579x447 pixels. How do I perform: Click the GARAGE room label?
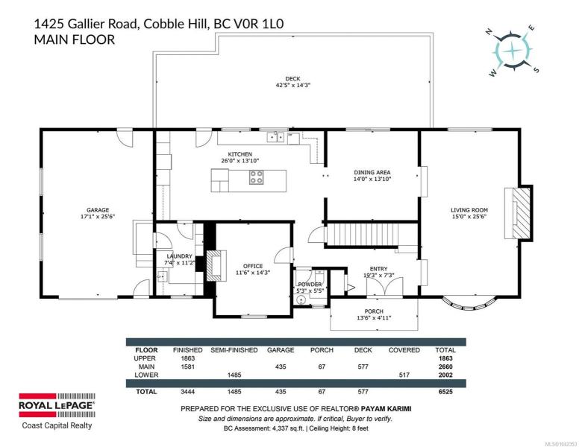point(98,210)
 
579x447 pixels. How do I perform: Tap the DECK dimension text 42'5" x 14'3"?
point(292,85)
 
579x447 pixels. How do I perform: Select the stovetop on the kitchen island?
point(256,177)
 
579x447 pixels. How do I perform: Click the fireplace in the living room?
point(519,213)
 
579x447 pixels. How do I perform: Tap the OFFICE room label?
point(253,266)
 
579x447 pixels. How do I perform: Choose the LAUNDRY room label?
point(180,256)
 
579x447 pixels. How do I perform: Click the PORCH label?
point(374,311)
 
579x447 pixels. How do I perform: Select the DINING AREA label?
point(372,172)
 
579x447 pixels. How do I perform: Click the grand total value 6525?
point(445,392)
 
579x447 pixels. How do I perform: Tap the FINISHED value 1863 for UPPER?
point(188,358)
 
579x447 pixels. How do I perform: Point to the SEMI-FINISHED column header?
point(234,350)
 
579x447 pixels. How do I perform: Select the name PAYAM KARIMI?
point(386,409)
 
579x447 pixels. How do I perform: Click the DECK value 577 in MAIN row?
point(363,367)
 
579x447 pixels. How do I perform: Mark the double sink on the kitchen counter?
point(276,137)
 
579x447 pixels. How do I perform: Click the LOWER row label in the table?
point(146,375)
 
